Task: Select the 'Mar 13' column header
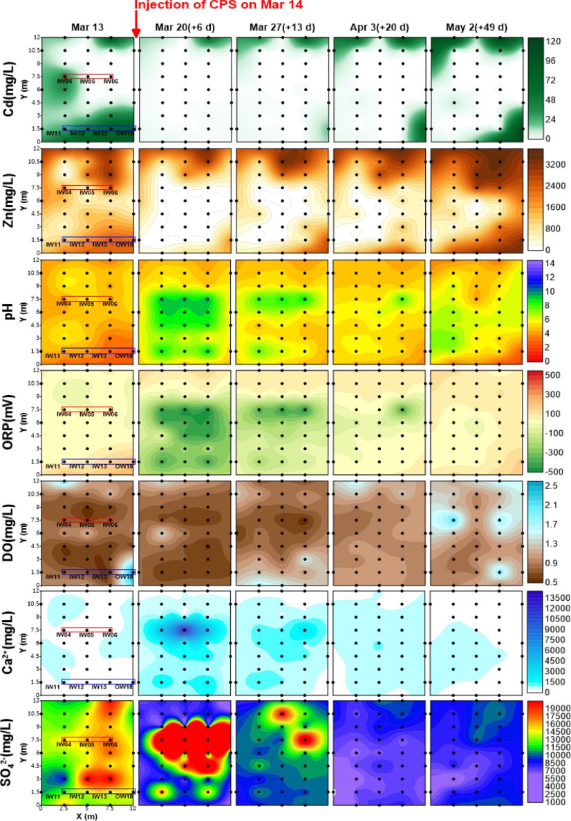[88, 27]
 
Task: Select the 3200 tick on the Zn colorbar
[554, 164]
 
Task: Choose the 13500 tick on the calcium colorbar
[556, 597]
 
